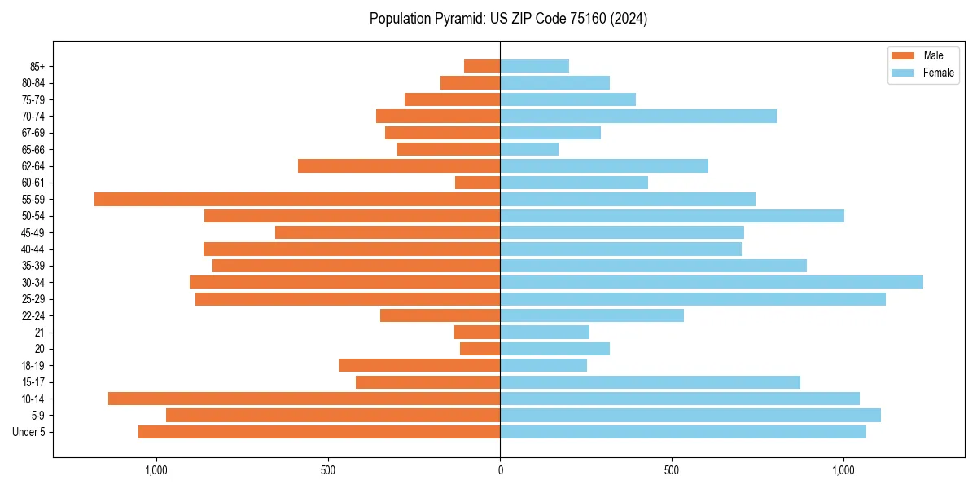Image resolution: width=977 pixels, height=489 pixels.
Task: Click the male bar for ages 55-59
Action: [x=297, y=199]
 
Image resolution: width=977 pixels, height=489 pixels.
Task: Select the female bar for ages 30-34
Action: [x=711, y=282]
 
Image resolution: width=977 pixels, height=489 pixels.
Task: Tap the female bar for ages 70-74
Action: [x=637, y=116]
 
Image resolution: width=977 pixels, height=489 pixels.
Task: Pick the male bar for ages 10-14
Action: [x=304, y=399]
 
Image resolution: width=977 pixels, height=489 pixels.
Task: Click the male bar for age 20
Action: [x=480, y=349]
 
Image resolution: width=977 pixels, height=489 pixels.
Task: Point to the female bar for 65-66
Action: [x=529, y=149]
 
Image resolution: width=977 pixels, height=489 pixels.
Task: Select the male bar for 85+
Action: [x=482, y=66]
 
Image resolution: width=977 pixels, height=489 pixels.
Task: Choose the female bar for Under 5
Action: [x=682, y=432]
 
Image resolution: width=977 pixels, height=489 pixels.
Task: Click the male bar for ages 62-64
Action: [x=399, y=165]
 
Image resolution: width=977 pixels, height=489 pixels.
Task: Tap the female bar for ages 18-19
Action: [x=543, y=365]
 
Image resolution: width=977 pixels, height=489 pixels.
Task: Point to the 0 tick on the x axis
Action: [x=500, y=470]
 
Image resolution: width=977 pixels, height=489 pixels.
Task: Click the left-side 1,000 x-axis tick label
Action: [x=156, y=470]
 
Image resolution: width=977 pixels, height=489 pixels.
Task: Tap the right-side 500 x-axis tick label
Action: [x=672, y=470]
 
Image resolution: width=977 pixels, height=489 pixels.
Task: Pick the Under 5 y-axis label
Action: [x=28, y=432]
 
